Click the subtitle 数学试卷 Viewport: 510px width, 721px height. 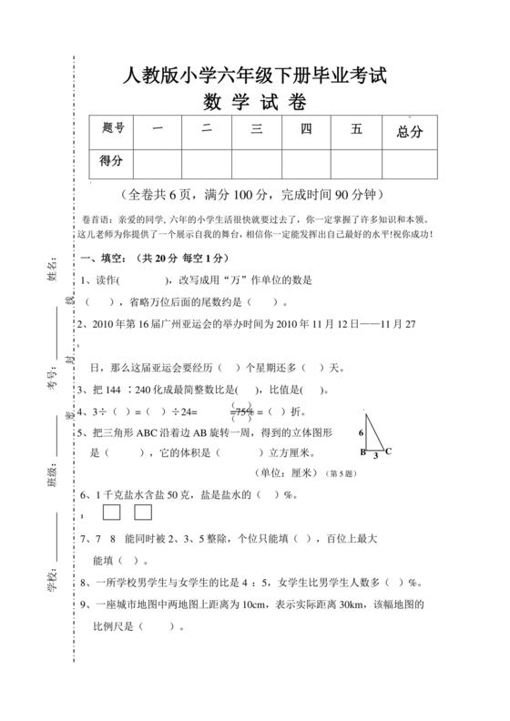254,102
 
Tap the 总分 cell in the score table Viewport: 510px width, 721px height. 410,131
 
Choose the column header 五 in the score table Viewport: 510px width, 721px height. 356,129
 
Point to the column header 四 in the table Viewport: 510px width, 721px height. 306,129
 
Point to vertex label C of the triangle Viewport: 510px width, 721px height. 389,452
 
